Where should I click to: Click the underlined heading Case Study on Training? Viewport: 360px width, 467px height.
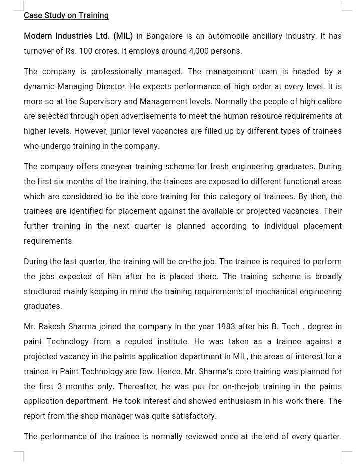(66, 15)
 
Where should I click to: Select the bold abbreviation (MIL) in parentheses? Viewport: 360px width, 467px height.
(123, 36)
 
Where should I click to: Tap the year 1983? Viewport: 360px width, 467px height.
(226, 327)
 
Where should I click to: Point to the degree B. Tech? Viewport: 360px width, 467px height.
(286, 327)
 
